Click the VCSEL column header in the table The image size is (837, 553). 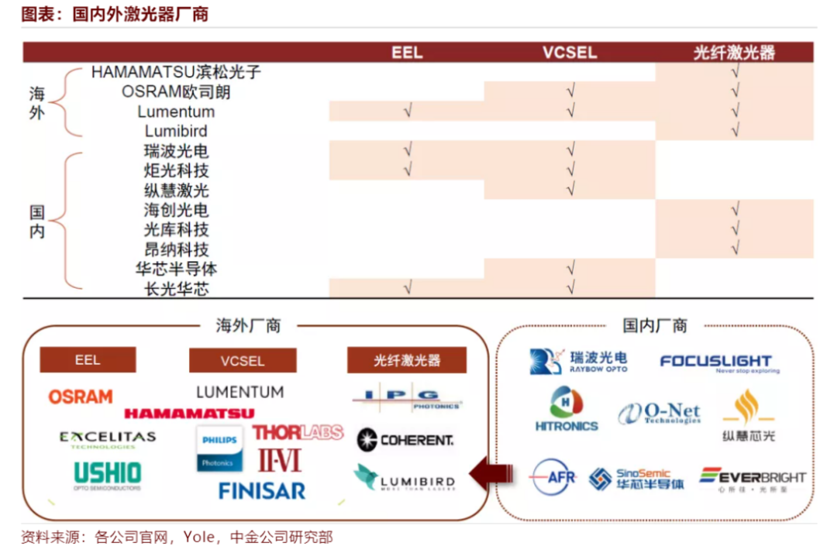click(570, 53)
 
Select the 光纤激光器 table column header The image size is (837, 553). click(734, 53)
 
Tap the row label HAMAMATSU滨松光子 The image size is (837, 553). click(176, 72)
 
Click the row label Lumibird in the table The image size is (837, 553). click(176, 131)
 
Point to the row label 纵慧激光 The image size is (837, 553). click(176, 191)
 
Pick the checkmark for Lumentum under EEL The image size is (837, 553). click(408, 112)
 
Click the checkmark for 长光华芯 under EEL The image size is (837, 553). click(408, 289)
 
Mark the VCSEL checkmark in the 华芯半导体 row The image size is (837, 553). click(570, 269)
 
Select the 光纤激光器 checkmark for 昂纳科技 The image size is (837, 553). click(735, 249)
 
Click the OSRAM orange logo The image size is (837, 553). click(81, 397)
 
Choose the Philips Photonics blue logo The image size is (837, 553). click(219, 448)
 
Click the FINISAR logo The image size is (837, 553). click(262, 490)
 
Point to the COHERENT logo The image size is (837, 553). click(405, 440)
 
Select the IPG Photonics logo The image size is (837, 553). click(407, 398)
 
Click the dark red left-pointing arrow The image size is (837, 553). click(491, 473)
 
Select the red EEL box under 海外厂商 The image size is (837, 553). click(88, 360)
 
